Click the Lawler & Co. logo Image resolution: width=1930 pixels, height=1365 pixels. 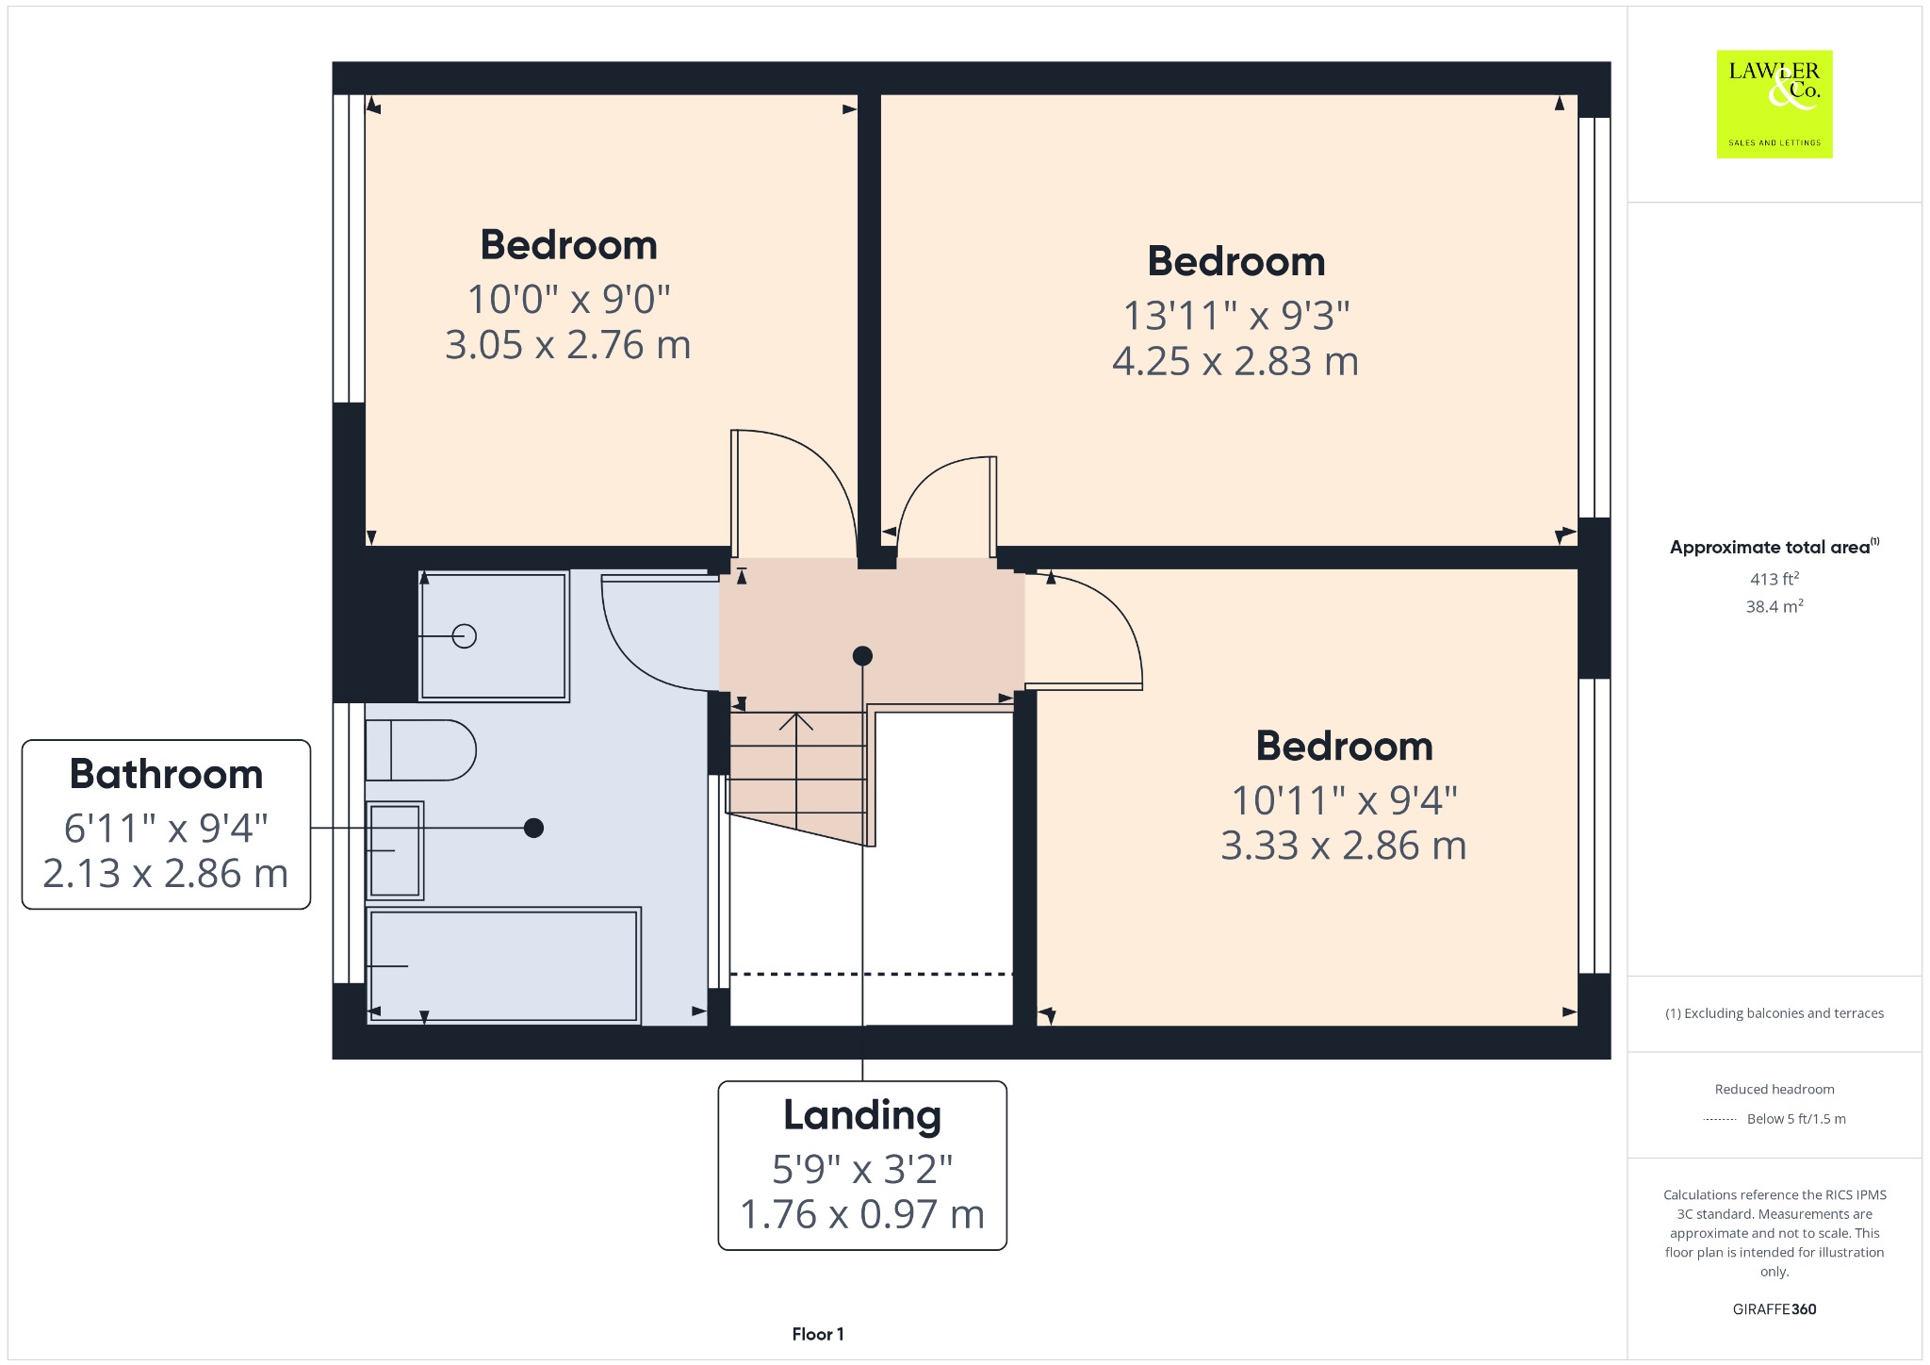[1775, 104]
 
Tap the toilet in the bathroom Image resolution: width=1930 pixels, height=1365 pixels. [420, 750]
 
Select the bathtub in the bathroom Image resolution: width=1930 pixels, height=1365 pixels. [504, 965]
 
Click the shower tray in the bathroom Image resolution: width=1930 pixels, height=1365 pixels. [494, 636]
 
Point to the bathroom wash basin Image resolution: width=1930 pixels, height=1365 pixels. [395, 850]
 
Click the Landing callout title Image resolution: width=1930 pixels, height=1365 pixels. [862, 1115]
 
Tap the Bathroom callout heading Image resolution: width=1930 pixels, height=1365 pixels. [166, 774]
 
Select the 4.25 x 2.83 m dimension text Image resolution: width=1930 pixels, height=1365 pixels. [1235, 362]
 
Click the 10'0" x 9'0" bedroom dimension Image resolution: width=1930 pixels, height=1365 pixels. [568, 300]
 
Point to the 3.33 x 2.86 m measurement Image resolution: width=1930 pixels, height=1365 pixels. [1344, 846]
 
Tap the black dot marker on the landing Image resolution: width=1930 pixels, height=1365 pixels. [862, 656]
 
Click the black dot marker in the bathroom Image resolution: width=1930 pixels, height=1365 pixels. [533, 828]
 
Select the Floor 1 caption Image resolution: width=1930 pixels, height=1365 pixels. [818, 1334]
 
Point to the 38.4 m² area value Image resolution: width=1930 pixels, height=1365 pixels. [1775, 606]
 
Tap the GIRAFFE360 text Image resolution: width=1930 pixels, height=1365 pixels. [1775, 1309]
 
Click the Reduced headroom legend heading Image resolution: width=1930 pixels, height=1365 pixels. [1775, 1089]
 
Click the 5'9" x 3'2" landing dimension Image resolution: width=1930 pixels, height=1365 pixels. [862, 1170]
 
